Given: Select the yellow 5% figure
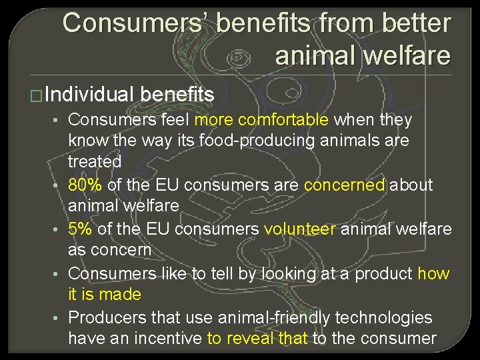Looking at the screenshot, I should pyautogui.click(x=81, y=229).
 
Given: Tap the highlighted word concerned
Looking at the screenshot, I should pyautogui.click(x=344, y=184).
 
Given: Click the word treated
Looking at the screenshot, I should pyautogui.click(x=95, y=161).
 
